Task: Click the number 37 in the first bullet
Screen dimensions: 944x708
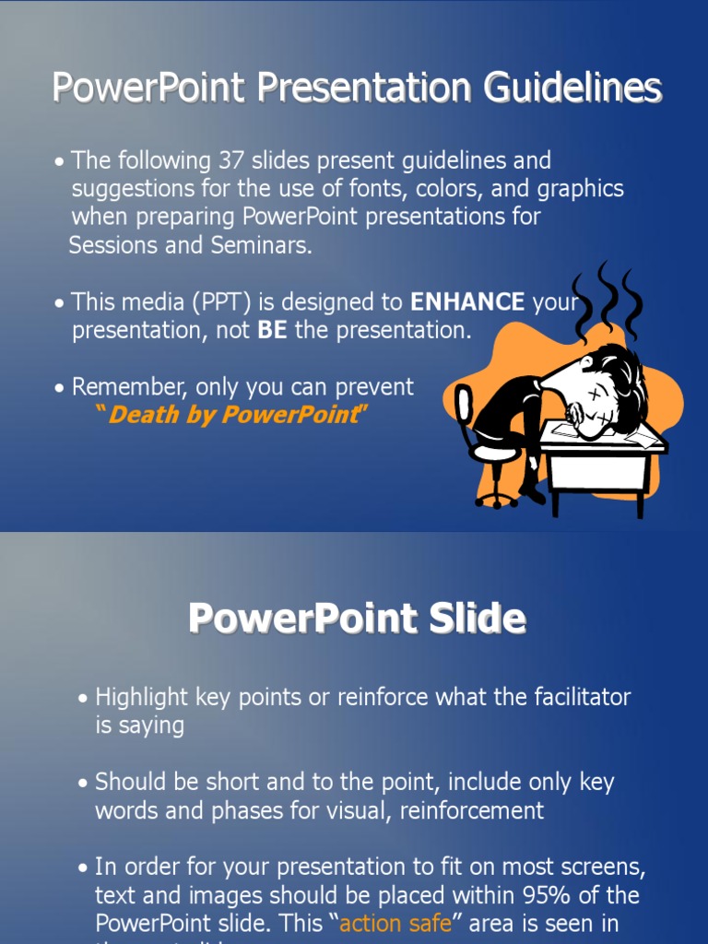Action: [230, 160]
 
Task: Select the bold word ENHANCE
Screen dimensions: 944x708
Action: [467, 301]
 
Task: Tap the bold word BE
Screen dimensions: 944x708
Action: [272, 331]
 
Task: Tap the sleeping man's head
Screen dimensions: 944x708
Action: [603, 387]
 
